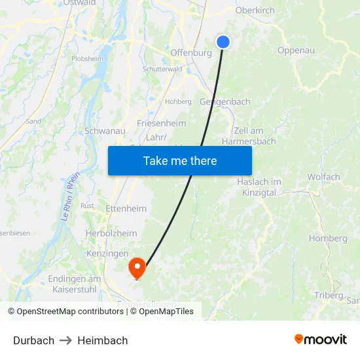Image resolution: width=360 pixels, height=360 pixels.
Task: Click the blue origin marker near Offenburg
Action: coord(223,42)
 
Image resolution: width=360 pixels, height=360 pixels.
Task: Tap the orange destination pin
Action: coord(137,266)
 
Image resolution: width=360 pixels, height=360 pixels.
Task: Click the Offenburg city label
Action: coord(191,53)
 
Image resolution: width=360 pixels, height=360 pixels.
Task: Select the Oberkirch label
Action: coord(255,10)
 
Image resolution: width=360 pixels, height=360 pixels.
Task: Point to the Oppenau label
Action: coord(296,50)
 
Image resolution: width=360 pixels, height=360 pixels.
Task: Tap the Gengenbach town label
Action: coord(225,102)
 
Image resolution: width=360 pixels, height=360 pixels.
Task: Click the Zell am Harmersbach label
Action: coord(249,135)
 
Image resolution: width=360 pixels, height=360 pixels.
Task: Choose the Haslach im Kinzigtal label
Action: coord(259,187)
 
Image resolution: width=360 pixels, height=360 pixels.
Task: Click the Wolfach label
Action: coord(323,177)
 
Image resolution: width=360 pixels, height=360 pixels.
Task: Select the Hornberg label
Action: coord(328,238)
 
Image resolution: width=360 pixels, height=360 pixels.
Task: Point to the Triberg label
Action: coord(328,295)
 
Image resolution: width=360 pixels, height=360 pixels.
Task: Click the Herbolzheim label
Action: coord(111,233)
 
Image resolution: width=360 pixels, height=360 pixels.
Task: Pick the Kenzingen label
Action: coord(107,253)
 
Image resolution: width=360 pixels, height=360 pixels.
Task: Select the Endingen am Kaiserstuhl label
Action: coord(75,283)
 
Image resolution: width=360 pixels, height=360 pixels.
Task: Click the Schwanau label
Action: coord(105,131)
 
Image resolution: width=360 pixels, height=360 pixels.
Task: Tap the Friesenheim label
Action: coord(162,123)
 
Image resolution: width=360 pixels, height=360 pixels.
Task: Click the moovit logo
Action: coord(320,340)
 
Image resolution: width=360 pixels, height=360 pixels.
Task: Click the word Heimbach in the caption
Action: coord(103,340)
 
